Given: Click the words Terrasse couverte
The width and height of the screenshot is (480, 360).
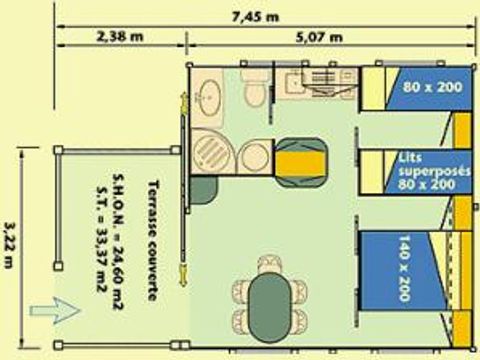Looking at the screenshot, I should click(x=152, y=231).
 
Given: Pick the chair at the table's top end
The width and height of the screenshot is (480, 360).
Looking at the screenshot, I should click(x=267, y=264).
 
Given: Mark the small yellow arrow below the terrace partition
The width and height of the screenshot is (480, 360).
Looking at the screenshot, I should click(x=183, y=272).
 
